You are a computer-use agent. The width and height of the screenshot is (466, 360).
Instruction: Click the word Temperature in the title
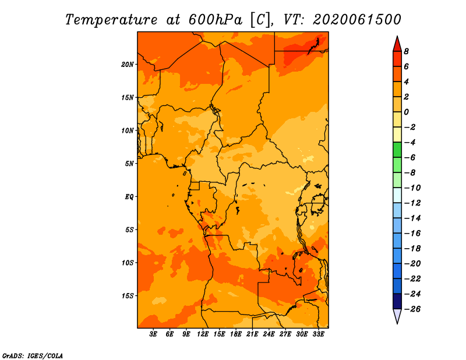111,20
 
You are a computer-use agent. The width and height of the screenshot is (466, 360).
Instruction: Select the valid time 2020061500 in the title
357,20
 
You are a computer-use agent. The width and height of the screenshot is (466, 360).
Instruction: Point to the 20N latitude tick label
128,65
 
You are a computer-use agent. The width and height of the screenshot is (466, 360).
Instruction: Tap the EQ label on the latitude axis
129,197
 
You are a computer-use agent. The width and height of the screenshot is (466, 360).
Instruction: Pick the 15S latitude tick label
128,296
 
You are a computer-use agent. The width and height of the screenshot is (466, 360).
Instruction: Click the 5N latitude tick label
129,164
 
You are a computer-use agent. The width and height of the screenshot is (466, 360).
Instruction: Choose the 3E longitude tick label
153,334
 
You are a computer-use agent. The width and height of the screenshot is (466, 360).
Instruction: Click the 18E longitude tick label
236,334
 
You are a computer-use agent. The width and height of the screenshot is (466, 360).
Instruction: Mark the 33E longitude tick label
318,334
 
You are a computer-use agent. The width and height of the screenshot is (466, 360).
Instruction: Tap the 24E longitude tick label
269,334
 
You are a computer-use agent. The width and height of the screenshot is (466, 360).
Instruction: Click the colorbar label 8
406,51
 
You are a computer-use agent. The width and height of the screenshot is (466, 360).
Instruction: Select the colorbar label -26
412,309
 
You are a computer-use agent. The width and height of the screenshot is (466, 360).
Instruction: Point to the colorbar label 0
406,112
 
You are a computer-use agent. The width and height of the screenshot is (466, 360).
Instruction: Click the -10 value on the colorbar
412,188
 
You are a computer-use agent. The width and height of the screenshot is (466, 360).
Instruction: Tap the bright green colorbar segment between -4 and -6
397,150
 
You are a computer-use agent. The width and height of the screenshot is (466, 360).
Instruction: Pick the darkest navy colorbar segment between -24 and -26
397,301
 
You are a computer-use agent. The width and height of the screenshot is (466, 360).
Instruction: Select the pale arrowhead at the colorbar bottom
397,316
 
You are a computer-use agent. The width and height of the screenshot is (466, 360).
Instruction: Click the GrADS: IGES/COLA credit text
33,355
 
